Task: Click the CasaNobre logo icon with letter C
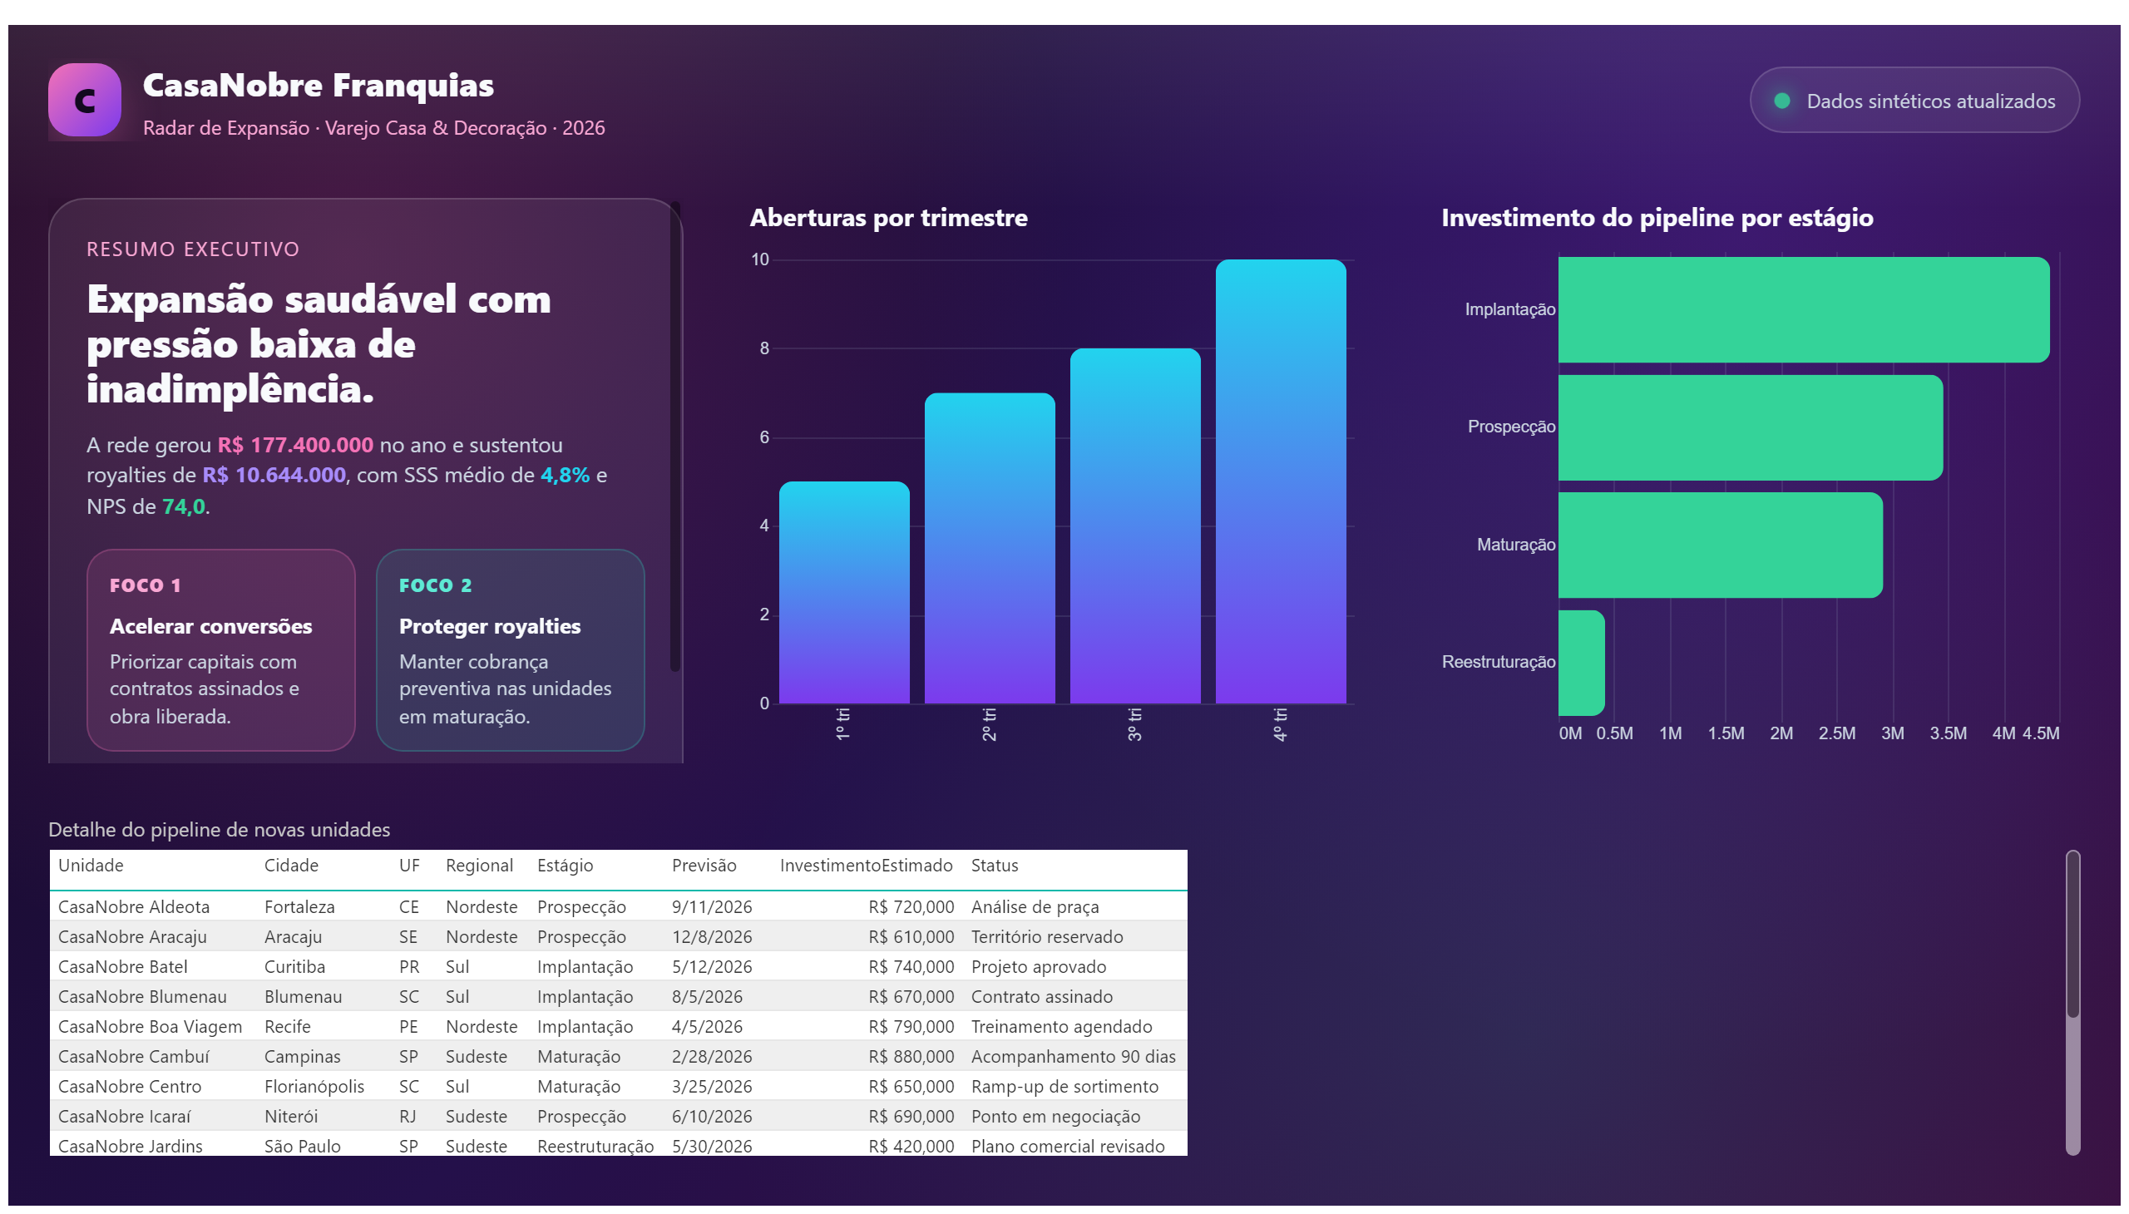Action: pos(84,100)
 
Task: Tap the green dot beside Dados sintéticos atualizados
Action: pos(1781,101)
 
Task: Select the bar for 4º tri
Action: pos(1280,481)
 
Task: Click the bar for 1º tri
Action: pos(844,592)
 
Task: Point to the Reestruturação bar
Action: pos(1581,663)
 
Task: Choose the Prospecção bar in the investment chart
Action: pos(1751,427)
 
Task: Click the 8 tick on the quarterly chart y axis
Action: pos(764,348)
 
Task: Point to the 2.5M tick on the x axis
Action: pos(1836,733)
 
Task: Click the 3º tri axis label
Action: pos(1134,724)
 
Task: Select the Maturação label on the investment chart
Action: pos(1515,545)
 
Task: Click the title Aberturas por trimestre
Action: pos(888,218)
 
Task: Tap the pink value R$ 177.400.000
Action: pos(295,445)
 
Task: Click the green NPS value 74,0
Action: pos(183,507)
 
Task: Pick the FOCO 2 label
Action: pos(435,585)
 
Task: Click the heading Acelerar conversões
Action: pos(211,626)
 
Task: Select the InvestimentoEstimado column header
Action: pos(866,866)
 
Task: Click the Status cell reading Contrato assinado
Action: pos(1041,996)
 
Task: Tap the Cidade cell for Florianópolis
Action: pos(314,1087)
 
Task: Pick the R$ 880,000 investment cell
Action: pos(911,1056)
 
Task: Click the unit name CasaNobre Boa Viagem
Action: pos(150,1026)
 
